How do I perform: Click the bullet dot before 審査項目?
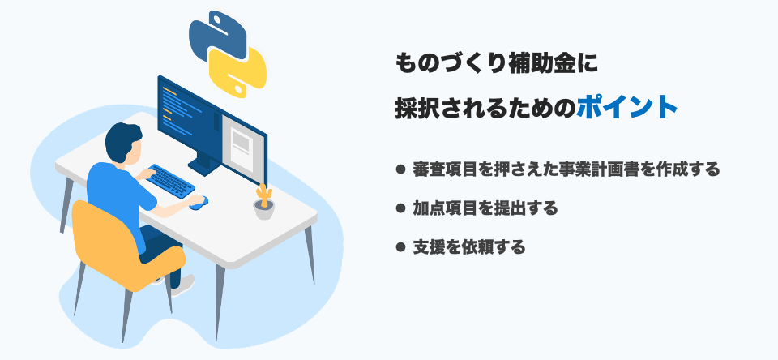[400, 169]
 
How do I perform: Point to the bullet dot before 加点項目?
[400, 208]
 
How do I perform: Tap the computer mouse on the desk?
[199, 202]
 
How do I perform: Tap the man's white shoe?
[185, 283]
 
